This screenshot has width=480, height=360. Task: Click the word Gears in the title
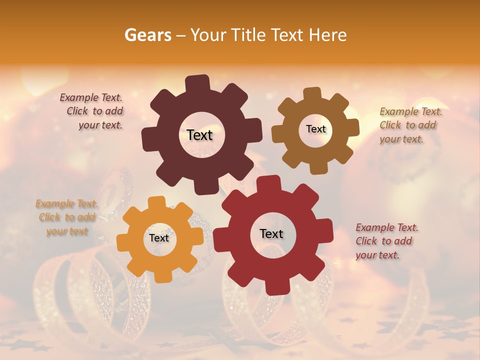tap(147, 35)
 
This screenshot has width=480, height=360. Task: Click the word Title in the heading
tap(248, 35)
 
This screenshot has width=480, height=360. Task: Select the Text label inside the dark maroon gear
tap(199, 135)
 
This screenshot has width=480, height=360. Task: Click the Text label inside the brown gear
tap(315, 129)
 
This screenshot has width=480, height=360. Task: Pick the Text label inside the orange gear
tap(159, 238)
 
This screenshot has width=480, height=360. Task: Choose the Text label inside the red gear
tap(271, 233)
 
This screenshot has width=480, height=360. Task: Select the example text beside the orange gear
tap(67, 217)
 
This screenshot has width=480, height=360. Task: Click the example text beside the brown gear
tap(410, 125)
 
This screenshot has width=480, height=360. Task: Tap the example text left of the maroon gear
tap(92, 111)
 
